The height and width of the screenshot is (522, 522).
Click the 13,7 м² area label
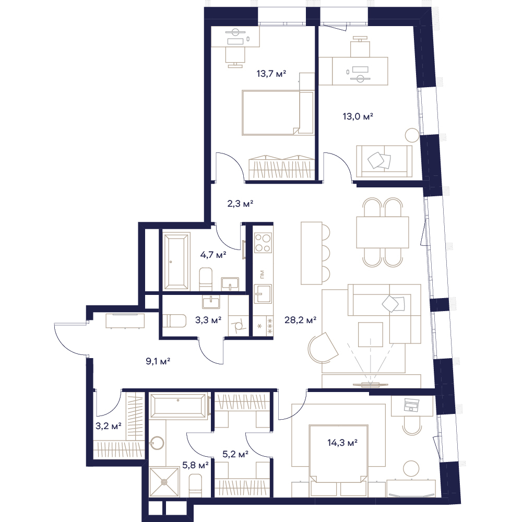point(271,74)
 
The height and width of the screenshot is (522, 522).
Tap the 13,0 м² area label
point(358,116)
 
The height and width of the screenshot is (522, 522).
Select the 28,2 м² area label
point(300,321)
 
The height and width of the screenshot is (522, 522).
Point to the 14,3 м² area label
point(342,443)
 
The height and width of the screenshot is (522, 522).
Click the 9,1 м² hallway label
point(158,361)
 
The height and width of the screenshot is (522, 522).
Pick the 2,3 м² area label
point(240,204)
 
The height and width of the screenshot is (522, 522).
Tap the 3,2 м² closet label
point(108,426)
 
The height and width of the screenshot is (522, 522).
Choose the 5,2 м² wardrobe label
point(235,454)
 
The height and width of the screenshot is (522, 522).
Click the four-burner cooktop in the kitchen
point(263,243)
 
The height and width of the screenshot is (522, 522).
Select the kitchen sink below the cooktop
point(263,293)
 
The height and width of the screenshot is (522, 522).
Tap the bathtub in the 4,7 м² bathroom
point(176,262)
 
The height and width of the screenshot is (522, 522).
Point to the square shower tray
point(164,482)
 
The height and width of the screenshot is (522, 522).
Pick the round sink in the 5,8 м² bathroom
point(157,443)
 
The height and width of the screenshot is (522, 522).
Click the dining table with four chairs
point(383,232)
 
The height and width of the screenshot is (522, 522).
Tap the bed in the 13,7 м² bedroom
point(278,113)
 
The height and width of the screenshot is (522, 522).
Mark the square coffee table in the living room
point(371,334)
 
